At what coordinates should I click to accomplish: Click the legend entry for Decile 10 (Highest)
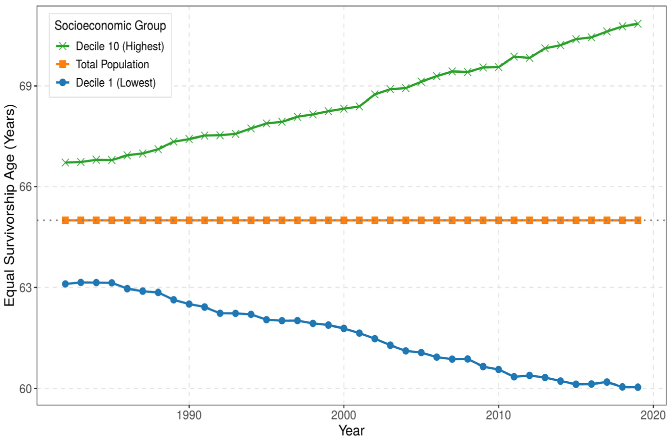point(110,46)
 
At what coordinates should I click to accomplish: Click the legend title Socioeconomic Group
point(110,26)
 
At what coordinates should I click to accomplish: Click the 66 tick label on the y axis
point(25,187)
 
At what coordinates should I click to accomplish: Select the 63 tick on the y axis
point(25,288)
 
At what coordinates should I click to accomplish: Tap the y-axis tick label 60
point(25,388)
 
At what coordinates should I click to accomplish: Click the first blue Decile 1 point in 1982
point(65,284)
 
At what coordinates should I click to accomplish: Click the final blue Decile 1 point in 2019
point(637,387)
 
